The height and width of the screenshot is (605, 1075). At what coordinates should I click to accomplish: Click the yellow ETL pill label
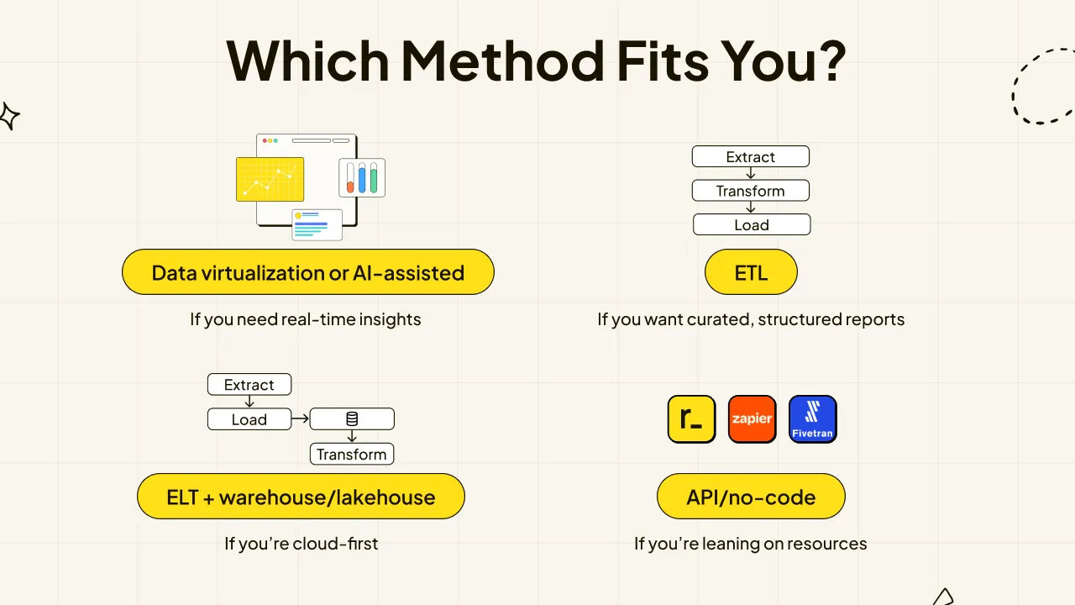pyautogui.click(x=751, y=271)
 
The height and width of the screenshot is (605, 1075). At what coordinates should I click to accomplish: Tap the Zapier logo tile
pyautogui.click(x=752, y=418)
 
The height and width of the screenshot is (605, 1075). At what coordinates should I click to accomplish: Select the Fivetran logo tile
pyautogui.click(x=812, y=418)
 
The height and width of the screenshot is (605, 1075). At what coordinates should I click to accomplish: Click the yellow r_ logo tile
pyautogui.click(x=691, y=418)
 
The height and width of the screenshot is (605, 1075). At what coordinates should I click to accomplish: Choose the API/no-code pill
pyautogui.click(x=751, y=497)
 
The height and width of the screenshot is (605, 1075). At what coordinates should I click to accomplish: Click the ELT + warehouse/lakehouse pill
pyautogui.click(x=301, y=497)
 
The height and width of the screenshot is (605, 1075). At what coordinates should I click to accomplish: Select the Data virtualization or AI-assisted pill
pyautogui.click(x=308, y=271)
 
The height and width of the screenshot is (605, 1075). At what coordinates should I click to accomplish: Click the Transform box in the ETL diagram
pyautogui.click(x=751, y=191)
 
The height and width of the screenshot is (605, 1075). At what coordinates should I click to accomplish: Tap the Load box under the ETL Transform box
pyautogui.click(x=752, y=224)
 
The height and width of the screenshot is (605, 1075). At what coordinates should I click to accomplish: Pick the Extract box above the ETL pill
pyautogui.click(x=751, y=156)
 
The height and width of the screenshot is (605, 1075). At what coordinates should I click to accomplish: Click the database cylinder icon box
pyautogui.click(x=352, y=418)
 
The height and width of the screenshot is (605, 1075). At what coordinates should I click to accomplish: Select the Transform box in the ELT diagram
pyautogui.click(x=352, y=454)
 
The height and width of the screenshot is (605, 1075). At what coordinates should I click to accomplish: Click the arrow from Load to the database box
pyautogui.click(x=300, y=418)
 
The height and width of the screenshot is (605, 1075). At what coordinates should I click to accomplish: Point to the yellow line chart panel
pyautogui.click(x=270, y=179)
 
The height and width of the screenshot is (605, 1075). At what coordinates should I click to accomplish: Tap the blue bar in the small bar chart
pyautogui.click(x=362, y=177)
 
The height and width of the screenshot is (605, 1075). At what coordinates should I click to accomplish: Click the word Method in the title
pyautogui.click(x=502, y=61)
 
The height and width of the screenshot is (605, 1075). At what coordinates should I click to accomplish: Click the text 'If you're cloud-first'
pyautogui.click(x=301, y=544)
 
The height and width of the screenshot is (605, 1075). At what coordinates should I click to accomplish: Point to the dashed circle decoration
pyautogui.click(x=1013, y=96)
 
